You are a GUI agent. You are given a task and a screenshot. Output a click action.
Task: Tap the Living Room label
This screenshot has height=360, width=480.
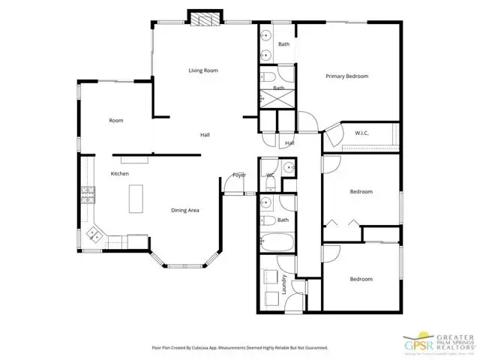[x=202, y=70]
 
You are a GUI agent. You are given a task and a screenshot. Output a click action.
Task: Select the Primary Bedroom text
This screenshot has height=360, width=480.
[x=346, y=76]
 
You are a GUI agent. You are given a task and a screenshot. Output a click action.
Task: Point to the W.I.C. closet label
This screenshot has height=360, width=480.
[x=360, y=134]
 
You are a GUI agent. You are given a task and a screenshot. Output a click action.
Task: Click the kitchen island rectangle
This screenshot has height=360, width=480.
[x=136, y=199]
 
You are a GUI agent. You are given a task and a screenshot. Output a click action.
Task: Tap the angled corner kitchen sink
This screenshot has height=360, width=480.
[x=96, y=235]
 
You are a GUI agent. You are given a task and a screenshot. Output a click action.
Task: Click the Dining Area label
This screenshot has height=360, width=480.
[x=184, y=211]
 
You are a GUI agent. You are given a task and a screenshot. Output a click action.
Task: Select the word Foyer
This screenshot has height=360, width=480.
[x=239, y=175]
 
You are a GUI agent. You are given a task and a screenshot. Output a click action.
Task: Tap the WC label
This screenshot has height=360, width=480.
[x=270, y=175]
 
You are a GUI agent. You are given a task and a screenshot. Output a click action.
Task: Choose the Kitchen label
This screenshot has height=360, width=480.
[x=120, y=173]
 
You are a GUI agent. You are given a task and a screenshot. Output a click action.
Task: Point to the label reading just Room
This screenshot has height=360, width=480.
[x=116, y=120]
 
